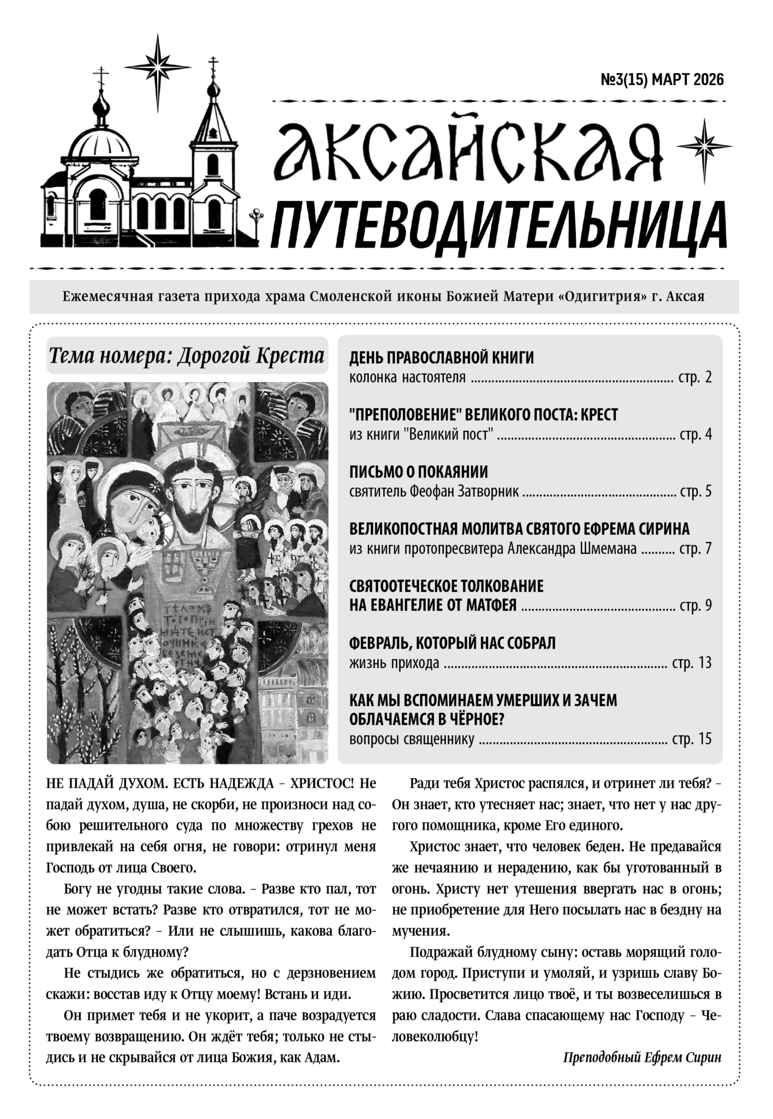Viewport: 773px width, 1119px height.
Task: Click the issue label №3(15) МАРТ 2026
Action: click(x=662, y=80)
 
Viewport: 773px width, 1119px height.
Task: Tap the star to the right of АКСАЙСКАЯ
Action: click(x=704, y=145)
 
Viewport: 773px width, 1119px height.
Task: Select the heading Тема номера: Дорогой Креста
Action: click(x=187, y=356)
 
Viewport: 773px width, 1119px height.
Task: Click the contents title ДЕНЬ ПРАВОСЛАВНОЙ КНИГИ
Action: click(x=441, y=358)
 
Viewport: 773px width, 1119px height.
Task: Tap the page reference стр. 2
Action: click(x=695, y=378)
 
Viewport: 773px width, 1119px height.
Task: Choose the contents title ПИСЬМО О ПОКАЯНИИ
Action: click(x=418, y=472)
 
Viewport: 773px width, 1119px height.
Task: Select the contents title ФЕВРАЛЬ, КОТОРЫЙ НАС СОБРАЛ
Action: click(x=452, y=643)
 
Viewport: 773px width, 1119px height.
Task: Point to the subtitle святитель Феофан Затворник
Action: click(x=434, y=492)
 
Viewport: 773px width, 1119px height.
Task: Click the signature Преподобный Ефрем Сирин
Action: click(x=641, y=1057)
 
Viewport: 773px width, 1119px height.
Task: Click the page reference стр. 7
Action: click(x=695, y=549)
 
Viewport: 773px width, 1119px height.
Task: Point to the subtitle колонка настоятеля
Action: click(x=407, y=378)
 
